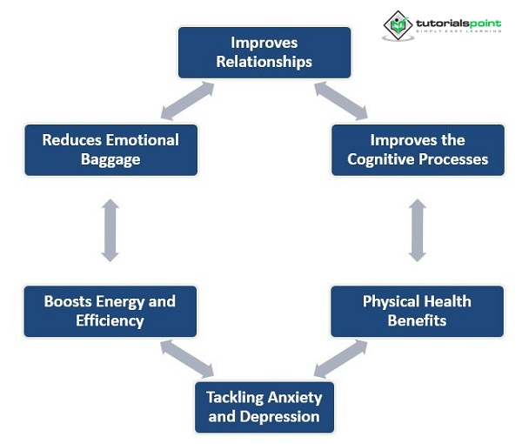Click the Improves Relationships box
[264, 52]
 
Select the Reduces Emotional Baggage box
[110, 150]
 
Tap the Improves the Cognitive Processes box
[418, 150]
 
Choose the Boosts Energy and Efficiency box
[110, 311]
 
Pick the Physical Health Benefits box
[418, 311]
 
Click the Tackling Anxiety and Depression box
[264, 407]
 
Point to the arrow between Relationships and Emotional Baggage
[187, 101]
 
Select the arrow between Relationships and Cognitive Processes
[341, 101]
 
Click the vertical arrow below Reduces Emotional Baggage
[110, 230]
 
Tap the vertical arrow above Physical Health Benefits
[418, 230]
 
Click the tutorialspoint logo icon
[398, 25]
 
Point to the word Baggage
[110, 159]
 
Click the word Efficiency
[110, 320]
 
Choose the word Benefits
[418, 320]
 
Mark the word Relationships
[264, 62]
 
